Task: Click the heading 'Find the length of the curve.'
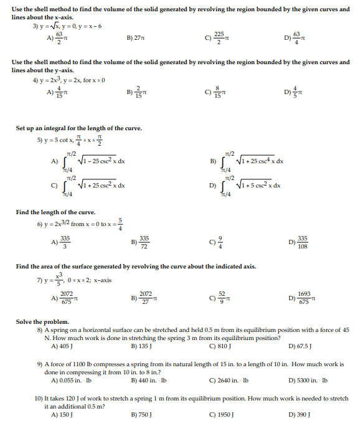[x=55, y=212]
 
